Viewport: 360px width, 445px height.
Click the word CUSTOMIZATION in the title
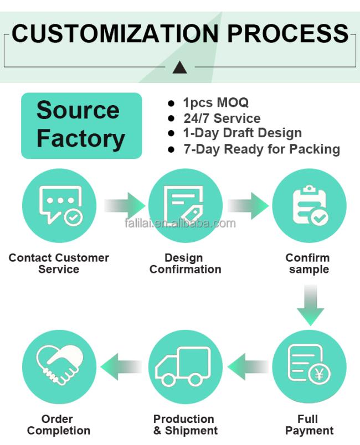pyautogui.click(x=115, y=34)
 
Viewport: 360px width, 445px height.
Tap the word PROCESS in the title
pyautogui.click(x=288, y=34)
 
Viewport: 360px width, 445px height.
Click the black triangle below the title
pyautogui.click(x=179, y=68)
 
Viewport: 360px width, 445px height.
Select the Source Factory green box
pyautogui.click(x=81, y=126)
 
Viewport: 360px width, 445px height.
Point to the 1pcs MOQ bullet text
pyautogui.click(x=216, y=103)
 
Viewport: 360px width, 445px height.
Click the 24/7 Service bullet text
pyautogui.click(x=222, y=118)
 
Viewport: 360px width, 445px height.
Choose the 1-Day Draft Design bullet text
pyautogui.click(x=243, y=133)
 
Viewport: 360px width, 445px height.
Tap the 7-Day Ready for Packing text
pyautogui.click(x=262, y=149)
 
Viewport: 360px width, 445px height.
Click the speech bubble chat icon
pyautogui.click(x=61, y=205)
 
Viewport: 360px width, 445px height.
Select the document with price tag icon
pyautogui.click(x=184, y=205)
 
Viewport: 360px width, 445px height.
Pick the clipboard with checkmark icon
pyautogui.click(x=310, y=205)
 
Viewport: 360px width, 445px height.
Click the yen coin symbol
pyautogui.click(x=319, y=374)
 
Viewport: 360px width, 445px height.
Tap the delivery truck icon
pyautogui.click(x=183, y=366)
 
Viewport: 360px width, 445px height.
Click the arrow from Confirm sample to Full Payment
pyautogui.click(x=310, y=306)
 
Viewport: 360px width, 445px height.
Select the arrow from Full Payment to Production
pyautogui.click(x=248, y=366)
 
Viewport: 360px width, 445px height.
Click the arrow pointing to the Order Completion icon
pyautogui.click(x=121, y=366)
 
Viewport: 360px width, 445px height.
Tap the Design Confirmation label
pyautogui.click(x=185, y=263)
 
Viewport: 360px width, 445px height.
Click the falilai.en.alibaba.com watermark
pyautogui.click(x=180, y=224)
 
